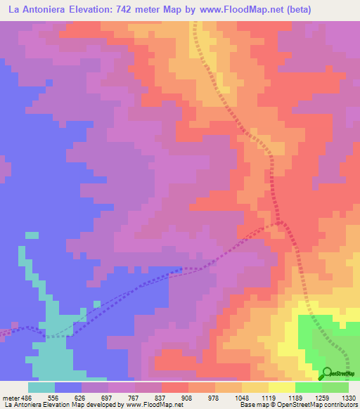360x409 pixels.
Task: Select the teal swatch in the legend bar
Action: (x=41, y=387)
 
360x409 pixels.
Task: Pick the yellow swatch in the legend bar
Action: (x=281, y=387)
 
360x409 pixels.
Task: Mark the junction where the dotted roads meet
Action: (x=282, y=223)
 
